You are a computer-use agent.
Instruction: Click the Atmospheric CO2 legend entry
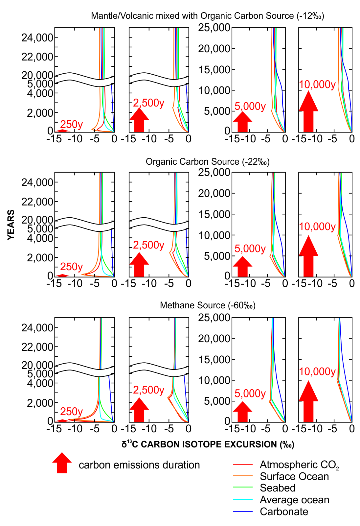[x=299, y=465]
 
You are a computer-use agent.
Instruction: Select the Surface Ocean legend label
[x=294, y=476]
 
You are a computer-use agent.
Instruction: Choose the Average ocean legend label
[x=294, y=500]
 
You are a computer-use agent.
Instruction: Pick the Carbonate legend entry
[x=284, y=512]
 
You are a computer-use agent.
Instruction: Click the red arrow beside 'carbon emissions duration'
[x=62, y=463]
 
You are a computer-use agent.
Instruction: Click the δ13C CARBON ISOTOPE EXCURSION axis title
[x=208, y=444]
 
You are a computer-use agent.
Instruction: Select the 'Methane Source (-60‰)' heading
[x=208, y=305]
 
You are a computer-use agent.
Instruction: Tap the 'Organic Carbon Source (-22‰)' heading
[x=208, y=162]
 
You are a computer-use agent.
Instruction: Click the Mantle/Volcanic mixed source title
[x=208, y=16]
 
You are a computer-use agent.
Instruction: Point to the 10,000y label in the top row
[x=317, y=84]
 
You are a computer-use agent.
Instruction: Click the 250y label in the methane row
[x=71, y=411]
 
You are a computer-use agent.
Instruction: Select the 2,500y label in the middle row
[x=148, y=245]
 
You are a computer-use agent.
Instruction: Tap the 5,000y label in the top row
[x=250, y=107]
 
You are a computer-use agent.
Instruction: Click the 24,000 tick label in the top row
[x=37, y=38]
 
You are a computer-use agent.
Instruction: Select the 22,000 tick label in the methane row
[x=37, y=347]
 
